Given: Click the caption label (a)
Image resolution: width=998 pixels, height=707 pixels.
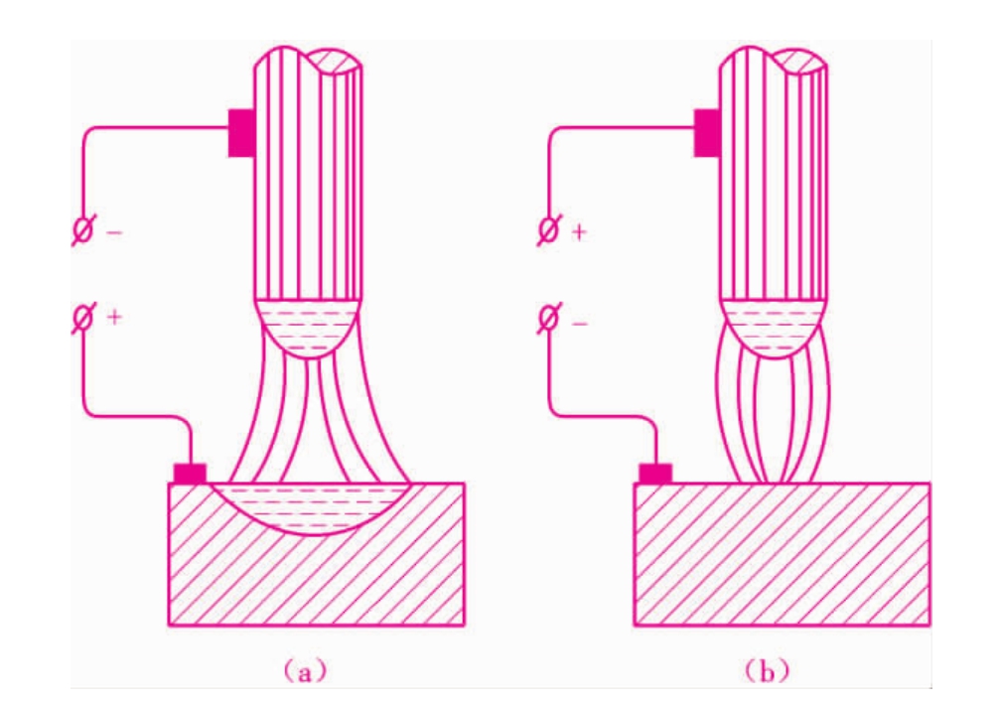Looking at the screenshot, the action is coord(306,671).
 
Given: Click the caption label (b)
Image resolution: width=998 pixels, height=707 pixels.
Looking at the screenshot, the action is coord(767,671).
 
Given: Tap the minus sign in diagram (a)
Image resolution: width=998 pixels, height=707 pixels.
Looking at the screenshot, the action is coord(114,233).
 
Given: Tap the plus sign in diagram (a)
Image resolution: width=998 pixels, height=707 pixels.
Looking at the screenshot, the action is coord(114,317).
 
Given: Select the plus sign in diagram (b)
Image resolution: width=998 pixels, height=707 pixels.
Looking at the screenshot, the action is coord(579,231).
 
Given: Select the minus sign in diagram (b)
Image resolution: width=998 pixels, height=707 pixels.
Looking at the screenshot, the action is coord(580,324).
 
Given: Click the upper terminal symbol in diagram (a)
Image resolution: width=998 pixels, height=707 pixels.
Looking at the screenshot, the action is coord(81,230).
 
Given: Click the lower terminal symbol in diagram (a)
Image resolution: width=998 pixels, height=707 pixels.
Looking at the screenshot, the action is coord(81,317).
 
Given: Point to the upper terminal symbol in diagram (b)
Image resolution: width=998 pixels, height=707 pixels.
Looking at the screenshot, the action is coord(547,230).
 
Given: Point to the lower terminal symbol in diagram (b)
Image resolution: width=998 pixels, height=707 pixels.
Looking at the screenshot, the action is coord(547,317).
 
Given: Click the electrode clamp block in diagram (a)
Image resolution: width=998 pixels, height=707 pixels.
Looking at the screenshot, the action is coord(241,133).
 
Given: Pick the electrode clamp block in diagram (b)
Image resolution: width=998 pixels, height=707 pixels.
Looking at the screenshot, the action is coord(707,133).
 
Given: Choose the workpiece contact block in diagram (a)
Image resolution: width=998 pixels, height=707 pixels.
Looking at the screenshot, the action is coord(190,474).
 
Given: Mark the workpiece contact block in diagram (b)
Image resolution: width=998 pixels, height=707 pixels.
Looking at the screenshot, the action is coord(655,474).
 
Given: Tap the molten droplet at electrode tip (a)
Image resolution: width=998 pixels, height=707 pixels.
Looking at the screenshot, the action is coord(309,328).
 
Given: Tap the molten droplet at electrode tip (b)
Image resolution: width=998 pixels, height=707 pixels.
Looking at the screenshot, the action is coord(774,328).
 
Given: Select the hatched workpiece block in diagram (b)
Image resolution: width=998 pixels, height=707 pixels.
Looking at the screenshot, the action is coord(782,555).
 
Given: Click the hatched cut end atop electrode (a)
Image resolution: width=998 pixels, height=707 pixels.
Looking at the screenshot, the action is coord(336,62).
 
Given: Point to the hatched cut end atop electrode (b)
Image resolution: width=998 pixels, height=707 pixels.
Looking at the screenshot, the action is coord(800,62).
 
